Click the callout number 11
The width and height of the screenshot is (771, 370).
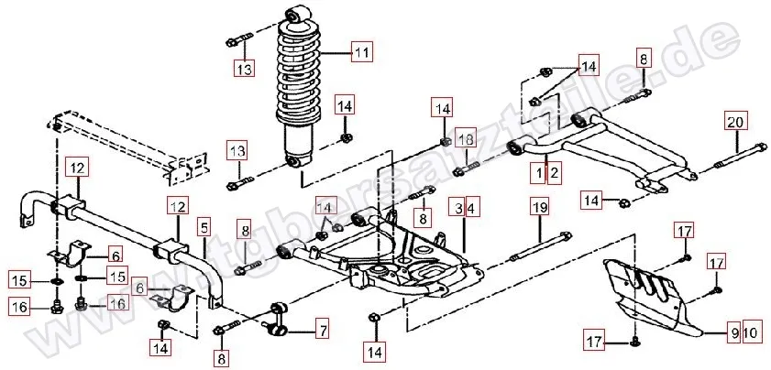tap(361, 53)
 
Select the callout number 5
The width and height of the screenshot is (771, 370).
tap(204, 225)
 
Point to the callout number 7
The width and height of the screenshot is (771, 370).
tap(322, 328)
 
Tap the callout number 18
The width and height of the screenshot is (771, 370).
tap(465, 139)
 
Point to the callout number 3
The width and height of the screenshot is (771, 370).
tap(455, 208)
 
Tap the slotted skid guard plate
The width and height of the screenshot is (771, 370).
tap(655, 293)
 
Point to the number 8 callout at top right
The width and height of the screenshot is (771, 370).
tap(644, 59)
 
